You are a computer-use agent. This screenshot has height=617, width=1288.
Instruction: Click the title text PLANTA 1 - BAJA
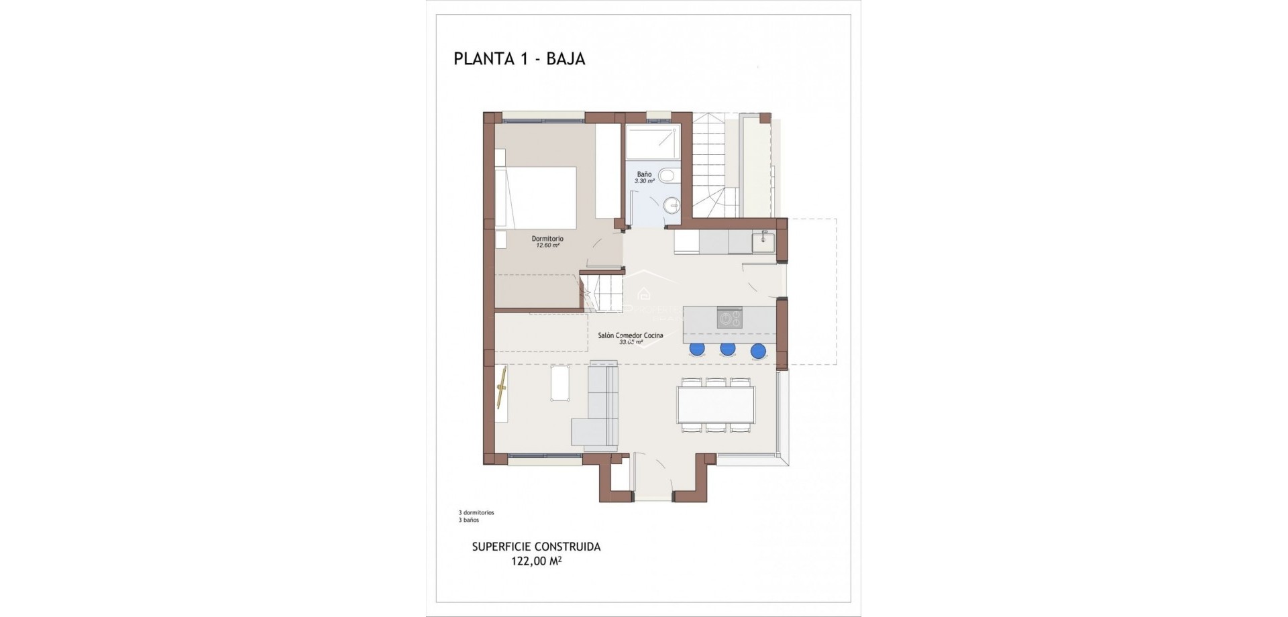[519, 59]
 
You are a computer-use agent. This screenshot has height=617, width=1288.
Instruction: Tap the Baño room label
[644, 174]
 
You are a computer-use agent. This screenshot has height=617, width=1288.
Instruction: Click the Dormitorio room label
[547, 239]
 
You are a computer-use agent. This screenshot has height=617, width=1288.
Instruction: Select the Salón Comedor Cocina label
[631, 335]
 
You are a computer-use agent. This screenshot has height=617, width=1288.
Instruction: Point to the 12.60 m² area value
[547, 245]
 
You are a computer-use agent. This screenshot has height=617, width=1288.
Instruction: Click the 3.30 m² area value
[644, 181]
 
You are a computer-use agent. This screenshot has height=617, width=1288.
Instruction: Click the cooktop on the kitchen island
[729, 317]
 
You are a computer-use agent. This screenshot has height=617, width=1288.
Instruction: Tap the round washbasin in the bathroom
[670, 205]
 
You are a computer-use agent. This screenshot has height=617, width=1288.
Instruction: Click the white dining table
[716, 404]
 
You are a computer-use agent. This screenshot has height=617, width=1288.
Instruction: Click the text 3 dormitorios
[476, 512]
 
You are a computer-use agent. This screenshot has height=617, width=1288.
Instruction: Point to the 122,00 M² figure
[536, 561]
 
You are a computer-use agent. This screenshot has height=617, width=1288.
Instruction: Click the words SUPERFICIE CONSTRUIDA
[536, 547]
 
